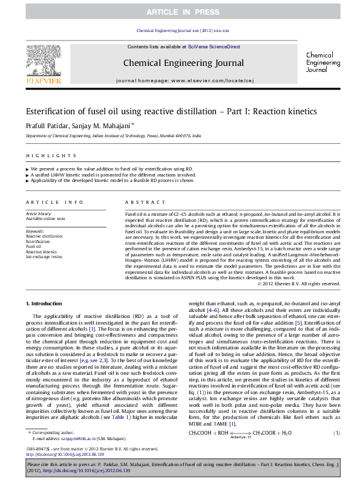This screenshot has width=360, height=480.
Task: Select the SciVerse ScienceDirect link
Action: click(x=214, y=47)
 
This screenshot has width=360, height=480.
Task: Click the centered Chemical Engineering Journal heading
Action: click(x=180, y=62)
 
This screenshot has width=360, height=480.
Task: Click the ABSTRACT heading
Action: click(x=140, y=201)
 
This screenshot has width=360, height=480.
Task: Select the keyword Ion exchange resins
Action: click(x=44, y=257)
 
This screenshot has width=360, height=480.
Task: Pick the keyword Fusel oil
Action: click(x=33, y=246)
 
